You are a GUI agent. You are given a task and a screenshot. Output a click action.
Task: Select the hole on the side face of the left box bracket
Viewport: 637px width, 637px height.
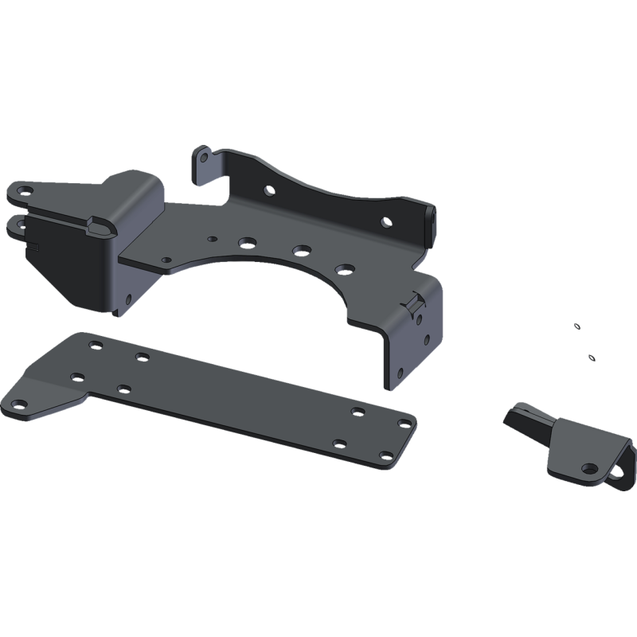128,300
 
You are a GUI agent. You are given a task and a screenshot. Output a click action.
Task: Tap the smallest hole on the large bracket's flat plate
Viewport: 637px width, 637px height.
210,237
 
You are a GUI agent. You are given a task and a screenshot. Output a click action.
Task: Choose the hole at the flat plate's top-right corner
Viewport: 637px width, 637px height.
356,411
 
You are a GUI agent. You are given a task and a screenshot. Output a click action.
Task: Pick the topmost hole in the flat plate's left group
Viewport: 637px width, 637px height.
96,346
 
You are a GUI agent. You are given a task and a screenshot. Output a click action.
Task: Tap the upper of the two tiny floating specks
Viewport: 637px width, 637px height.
576,326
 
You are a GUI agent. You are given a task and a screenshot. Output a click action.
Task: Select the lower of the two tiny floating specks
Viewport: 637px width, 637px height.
591,358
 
